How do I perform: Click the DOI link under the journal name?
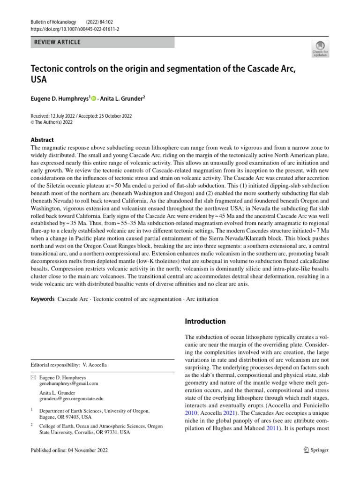75,29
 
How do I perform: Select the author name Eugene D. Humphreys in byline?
60,98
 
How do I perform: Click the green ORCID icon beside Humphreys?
93,98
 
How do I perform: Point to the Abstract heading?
42,140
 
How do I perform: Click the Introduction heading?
206,322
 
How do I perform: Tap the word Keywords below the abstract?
42,299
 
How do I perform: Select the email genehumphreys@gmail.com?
69,383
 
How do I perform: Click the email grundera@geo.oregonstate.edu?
71,398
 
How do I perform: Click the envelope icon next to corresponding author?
33,377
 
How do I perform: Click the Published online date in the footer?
69,450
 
